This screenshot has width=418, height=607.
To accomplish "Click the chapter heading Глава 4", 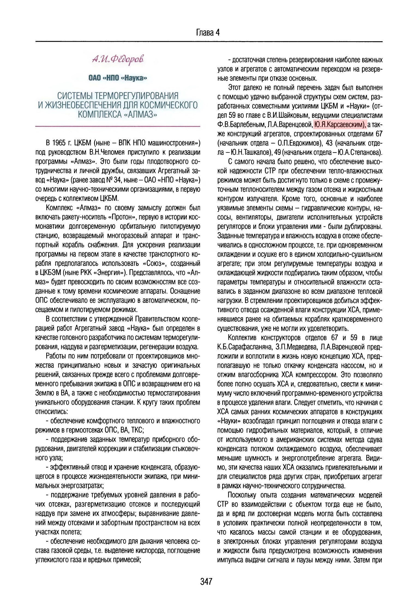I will (208, 33).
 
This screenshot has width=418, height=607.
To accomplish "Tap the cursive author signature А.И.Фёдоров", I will (118, 59).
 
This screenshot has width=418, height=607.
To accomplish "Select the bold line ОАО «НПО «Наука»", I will (118, 78).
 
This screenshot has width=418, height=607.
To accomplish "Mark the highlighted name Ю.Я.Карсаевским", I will (339, 125).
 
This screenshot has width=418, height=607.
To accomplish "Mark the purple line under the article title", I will (118, 126).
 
